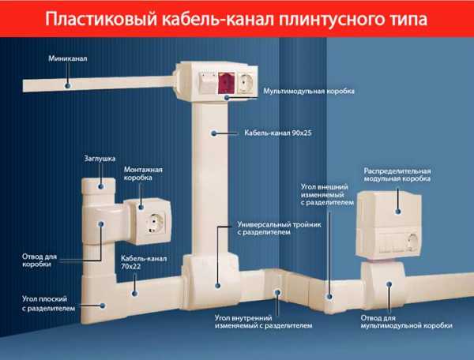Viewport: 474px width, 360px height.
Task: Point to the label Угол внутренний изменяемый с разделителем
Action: tap(263, 321)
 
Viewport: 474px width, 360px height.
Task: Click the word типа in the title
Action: tap(410, 17)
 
